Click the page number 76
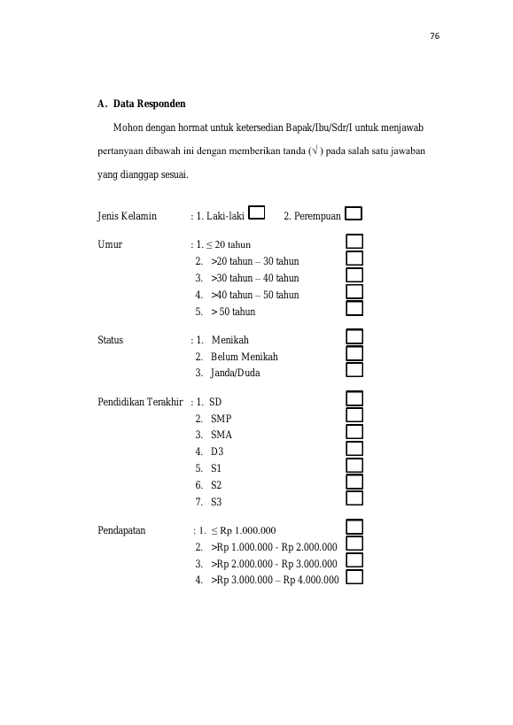click(x=434, y=36)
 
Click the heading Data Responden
click(x=150, y=104)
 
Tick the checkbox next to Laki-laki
click(x=257, y=212)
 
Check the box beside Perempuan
click(x=354, y=213)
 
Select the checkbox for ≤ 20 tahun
click(x=354, y=242)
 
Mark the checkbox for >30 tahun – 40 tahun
click(x=354, y=275)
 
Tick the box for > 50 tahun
click(x=354, y=308)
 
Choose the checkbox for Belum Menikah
click(x=354, y=353)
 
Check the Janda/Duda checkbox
click(x=354, y=370)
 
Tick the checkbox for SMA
click(x=354, y=432)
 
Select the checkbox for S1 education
click(x=354, y=465)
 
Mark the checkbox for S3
click(x=354, y=498)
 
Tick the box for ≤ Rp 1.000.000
click(x=354, y=527)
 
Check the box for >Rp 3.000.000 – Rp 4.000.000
click(x=354, y=577)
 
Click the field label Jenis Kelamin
click(x=128, y=216)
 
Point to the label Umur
click(x=110, y=244)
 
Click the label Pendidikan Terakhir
click(x=140, y=401)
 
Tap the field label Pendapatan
click(x=121, y=530)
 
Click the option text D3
click(x=217, y=451)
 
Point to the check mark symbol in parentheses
click(x=315, y=150)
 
